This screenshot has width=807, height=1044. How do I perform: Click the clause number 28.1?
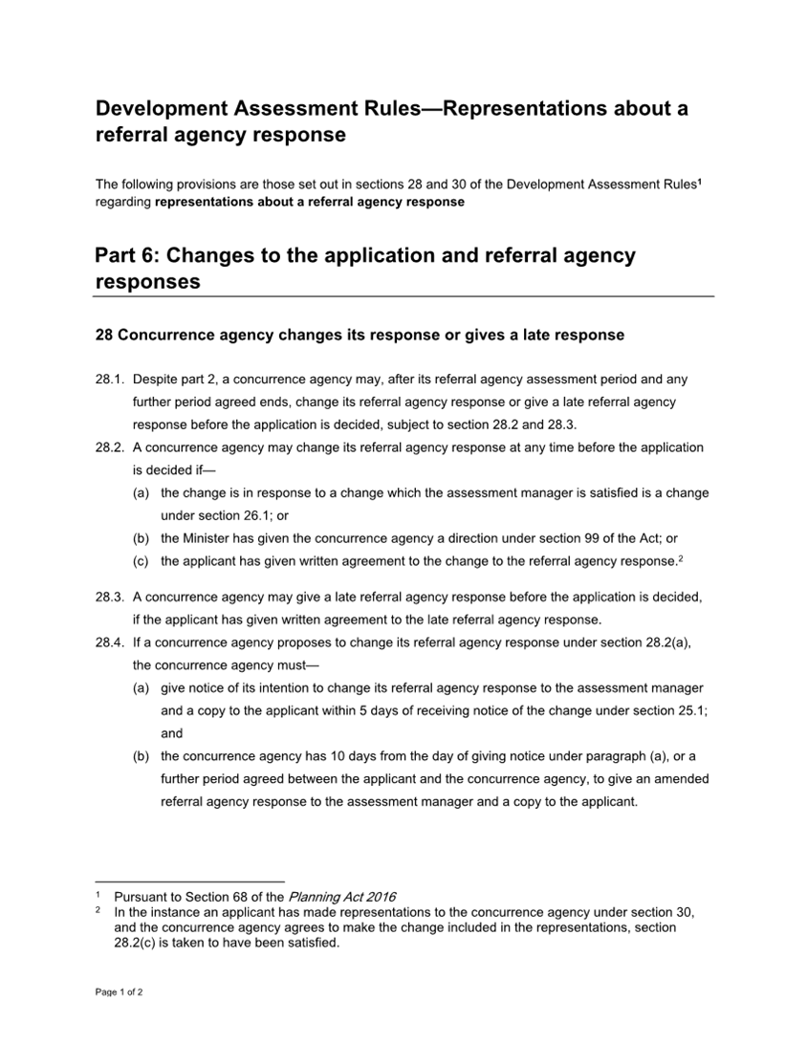(110, 380)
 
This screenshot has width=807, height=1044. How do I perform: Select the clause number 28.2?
(110, 447)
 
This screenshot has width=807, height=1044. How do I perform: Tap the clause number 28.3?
(110, 598)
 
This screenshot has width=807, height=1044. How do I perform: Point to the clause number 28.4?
(110, 643)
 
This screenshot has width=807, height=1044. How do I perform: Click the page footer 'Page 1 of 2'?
(120, 992)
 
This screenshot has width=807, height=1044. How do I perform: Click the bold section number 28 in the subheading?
(105, 335)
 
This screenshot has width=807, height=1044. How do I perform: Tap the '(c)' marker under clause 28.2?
(141, 561)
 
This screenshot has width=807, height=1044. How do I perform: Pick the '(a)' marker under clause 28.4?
(141, 688)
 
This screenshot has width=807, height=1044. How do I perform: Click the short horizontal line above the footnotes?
(190, 881)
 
